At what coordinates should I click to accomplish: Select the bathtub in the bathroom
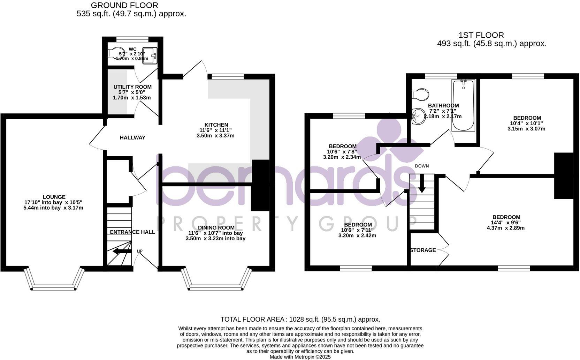point(463,105)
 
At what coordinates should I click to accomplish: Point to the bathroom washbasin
point(418,117)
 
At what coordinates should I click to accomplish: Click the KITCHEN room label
point(216,125)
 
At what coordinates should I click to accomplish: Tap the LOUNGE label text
point(54,197)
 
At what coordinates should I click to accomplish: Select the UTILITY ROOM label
point(132,87)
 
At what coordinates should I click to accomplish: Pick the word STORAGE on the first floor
point(423,250)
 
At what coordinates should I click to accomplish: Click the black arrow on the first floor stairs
point(422,184)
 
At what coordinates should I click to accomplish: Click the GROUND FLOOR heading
point(124,5)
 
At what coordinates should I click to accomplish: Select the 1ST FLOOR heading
point(481,35)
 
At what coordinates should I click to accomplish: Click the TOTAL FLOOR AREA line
point(300,319)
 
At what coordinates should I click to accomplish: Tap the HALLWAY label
point(132,138)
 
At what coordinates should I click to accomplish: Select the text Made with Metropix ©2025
point(300,357)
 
